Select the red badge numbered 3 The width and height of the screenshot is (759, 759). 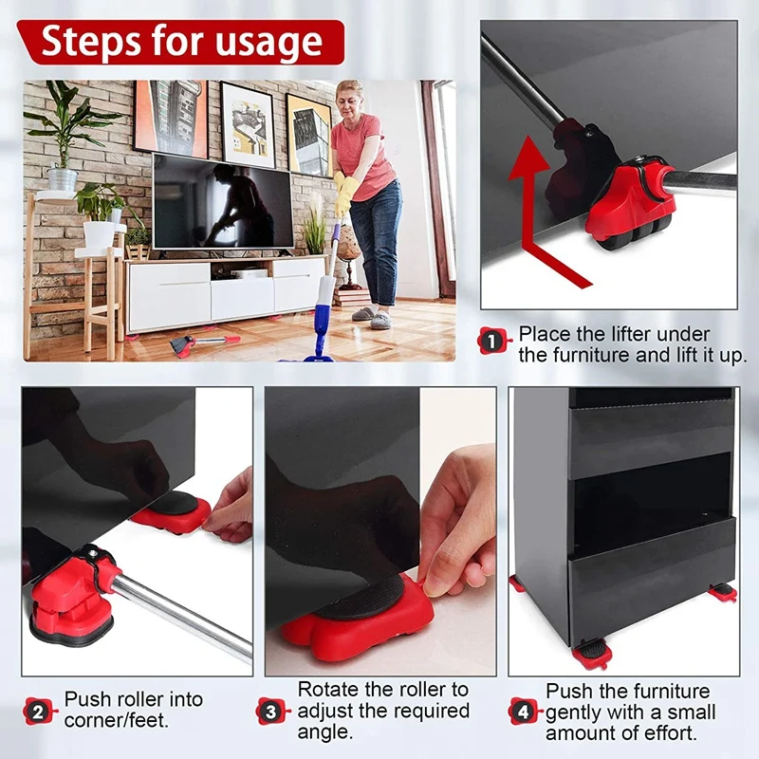pos(272,710)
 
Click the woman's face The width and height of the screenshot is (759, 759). pos(350,98)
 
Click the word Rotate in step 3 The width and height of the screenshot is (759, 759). pos(326,690)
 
